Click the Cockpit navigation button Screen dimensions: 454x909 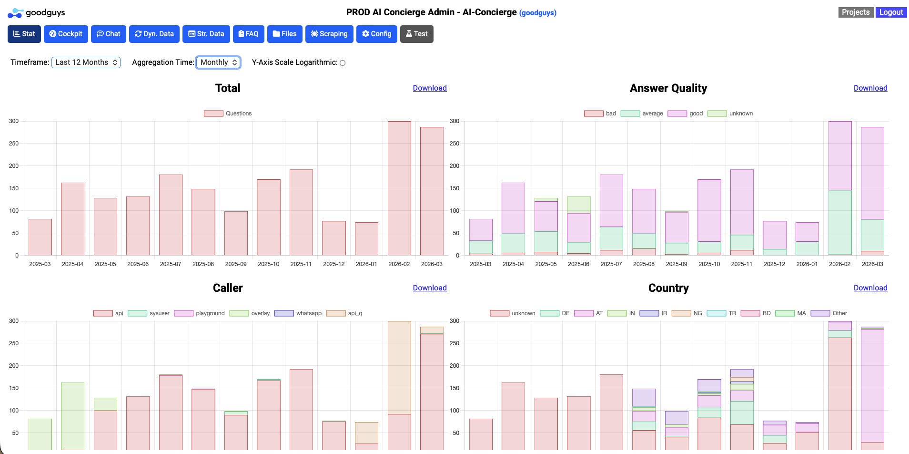tap(66, 34)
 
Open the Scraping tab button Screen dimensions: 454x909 tap(329, 34)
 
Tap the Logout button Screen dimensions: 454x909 tap(891, 12)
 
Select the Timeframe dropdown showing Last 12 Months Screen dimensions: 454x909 tap(86, 62)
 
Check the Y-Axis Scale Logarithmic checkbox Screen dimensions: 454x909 tap(343, 63)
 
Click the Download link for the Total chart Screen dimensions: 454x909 tap(429, 88)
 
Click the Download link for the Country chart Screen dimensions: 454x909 tap(870, 288)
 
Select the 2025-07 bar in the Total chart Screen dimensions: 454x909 tap(171, 215)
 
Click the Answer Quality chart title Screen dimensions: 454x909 tap(668, 88)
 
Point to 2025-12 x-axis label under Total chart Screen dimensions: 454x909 tap(333, 264)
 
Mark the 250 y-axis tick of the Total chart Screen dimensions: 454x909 tap(14, 144)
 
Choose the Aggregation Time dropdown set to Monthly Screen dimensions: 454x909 tap(218, 62)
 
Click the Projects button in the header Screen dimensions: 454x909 tap(855, 12)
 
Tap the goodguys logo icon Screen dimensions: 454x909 tap(15, 13)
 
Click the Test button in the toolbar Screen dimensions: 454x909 tap(416, 34)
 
